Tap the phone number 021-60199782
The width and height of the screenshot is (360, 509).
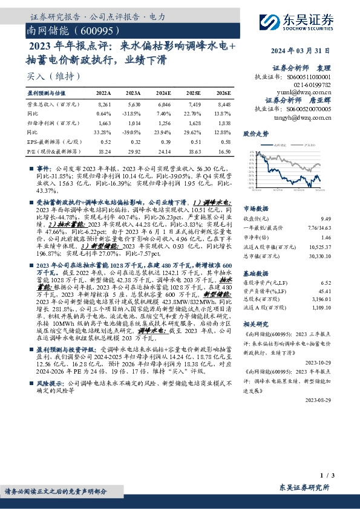(324, 85)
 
